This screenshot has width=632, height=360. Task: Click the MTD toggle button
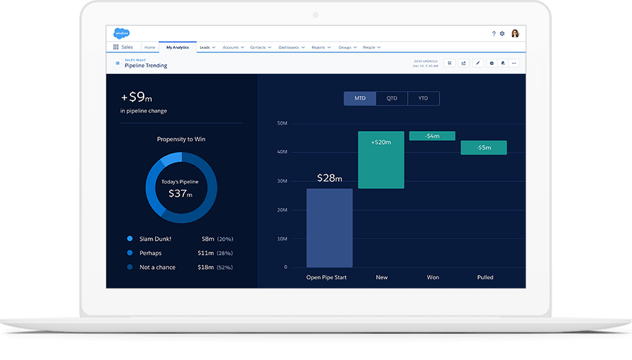click(360, 99)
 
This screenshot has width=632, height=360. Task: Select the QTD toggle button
click(392, 99)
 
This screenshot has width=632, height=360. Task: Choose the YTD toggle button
click(423, 99)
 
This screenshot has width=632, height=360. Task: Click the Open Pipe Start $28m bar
click(329, 228)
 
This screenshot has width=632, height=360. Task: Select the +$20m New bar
click(381, 160)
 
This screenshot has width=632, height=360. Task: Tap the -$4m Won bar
click(432, 136)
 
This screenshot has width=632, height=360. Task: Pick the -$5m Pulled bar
click(484, 148)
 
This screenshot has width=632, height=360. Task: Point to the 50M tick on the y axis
click(282, 123)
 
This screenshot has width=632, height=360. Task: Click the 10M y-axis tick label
click(282, 239)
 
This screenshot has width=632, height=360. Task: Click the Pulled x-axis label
click(485, 277)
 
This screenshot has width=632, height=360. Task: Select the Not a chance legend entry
click(157, 267)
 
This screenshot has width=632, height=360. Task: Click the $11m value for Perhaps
click(208, 253)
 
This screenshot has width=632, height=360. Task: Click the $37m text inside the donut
click(180, 194)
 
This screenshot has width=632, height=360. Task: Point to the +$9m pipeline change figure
click(136, 97)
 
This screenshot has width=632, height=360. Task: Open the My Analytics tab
click(177, 48)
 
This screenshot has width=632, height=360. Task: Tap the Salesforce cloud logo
click(121, 33)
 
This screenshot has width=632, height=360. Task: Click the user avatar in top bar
click(515, 33)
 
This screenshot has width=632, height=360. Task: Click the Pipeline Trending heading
click(146, 66)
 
